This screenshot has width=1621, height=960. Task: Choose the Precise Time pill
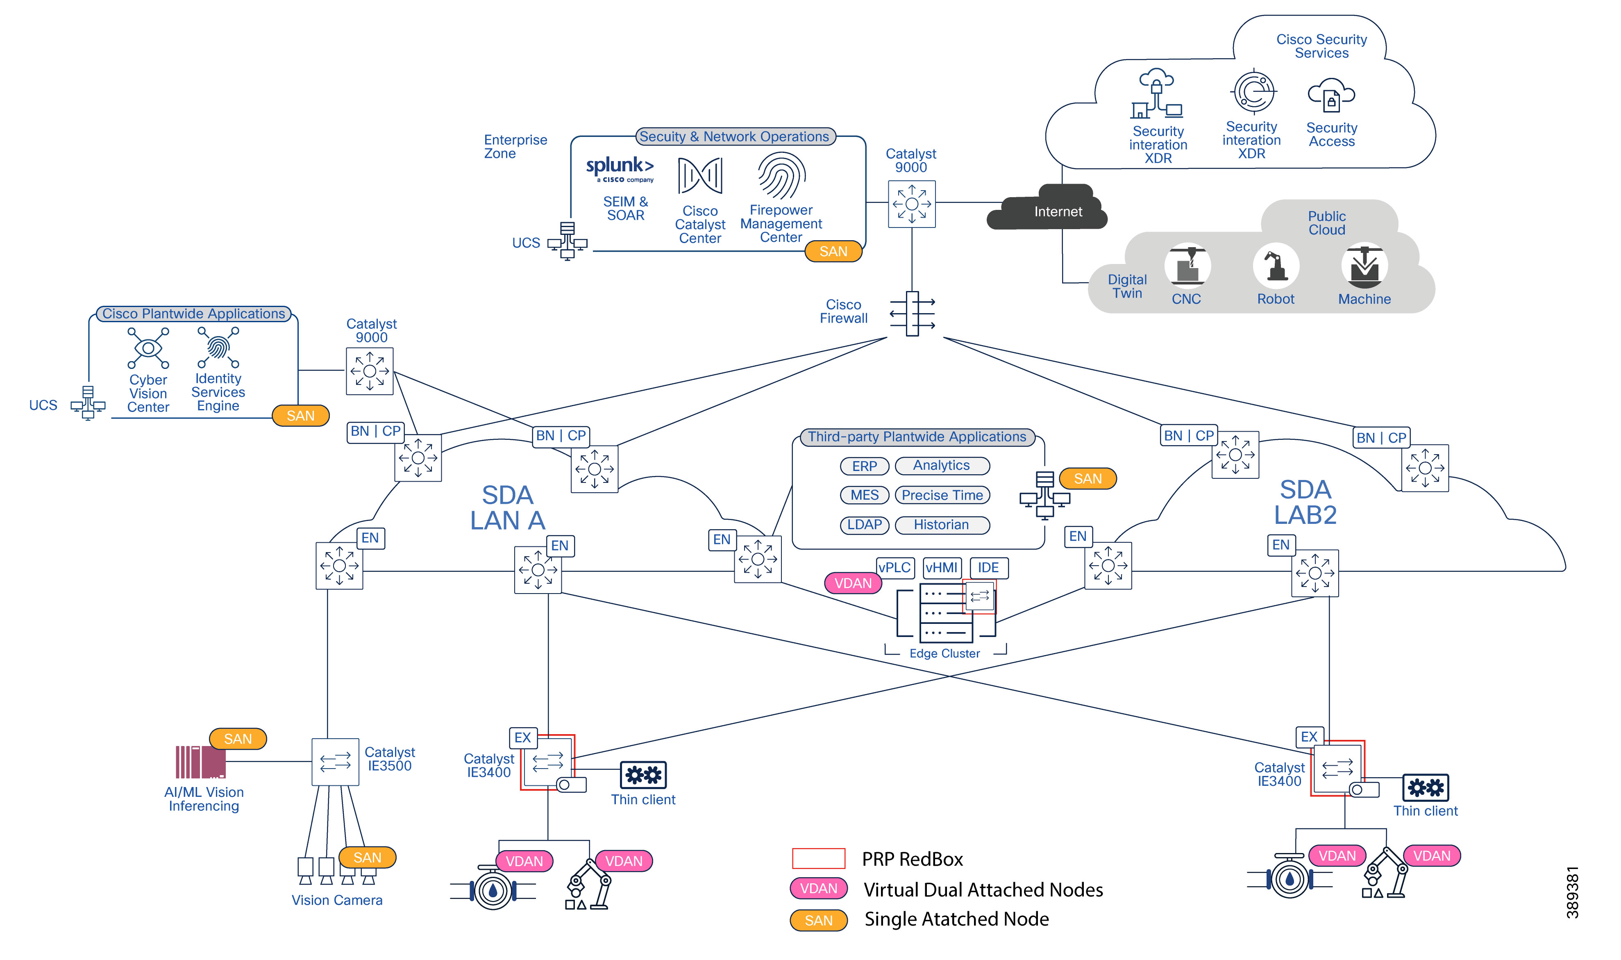coord(942,495)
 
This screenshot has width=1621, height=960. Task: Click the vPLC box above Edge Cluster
coord(894,567)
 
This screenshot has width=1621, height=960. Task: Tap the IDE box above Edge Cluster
coord(988,567)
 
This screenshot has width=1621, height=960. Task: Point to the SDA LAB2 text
coord(1304,502)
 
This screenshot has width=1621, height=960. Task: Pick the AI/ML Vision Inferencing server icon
coord(200,762)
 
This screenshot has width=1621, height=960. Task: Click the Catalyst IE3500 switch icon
coord(335,762)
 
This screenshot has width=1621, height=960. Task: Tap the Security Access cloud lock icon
coord(1330,97)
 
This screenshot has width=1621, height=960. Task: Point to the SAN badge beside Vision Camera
coord(367,857)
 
